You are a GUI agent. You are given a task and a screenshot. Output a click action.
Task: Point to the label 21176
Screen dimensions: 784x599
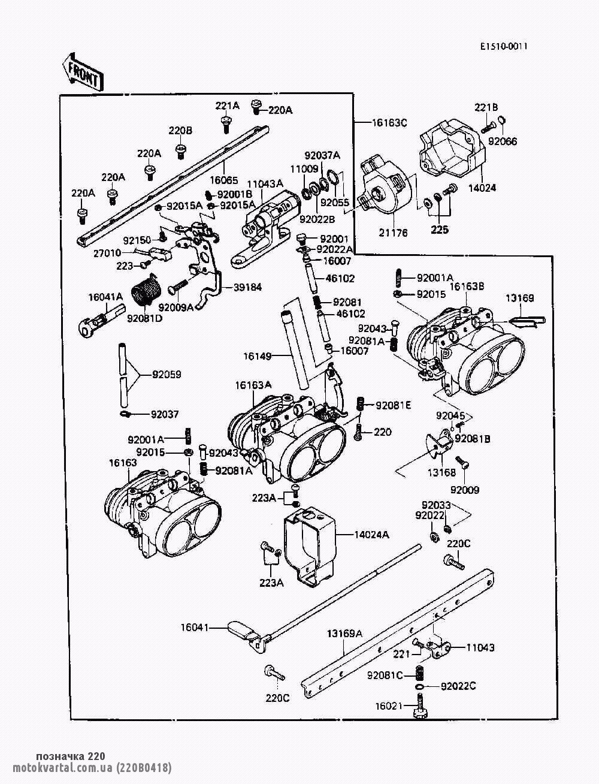(393, 233)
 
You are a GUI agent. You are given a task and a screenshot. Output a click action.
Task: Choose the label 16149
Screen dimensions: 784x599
(258, 356)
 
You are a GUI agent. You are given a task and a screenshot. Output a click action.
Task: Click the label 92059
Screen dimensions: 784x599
(167, 375)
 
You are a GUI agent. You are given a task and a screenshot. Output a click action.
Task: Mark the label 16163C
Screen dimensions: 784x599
(389, 123)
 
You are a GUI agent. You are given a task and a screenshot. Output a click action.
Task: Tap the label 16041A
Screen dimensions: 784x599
(105, 296)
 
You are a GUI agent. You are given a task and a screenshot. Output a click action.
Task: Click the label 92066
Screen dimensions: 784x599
(503, 141)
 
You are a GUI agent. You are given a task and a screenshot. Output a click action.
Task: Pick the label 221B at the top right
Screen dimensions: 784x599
(486, 107)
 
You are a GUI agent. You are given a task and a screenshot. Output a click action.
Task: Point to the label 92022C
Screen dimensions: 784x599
(458, 686)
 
